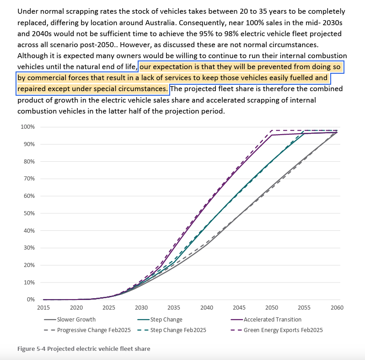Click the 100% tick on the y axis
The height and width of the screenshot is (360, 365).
[28, 127]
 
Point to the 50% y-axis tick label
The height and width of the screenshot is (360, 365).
[30, 213]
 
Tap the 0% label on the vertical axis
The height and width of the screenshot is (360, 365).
[32, 300]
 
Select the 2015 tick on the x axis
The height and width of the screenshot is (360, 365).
[43, 308]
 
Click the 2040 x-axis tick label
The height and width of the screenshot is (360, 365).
[207, 308]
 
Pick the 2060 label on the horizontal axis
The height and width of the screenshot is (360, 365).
[337, 308]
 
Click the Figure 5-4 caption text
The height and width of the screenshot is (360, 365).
[84, 349]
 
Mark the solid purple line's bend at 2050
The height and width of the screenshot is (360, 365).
[272, 135]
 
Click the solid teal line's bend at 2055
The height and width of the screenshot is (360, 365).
[305, 133]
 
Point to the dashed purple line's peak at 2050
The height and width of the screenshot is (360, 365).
[272, 131]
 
